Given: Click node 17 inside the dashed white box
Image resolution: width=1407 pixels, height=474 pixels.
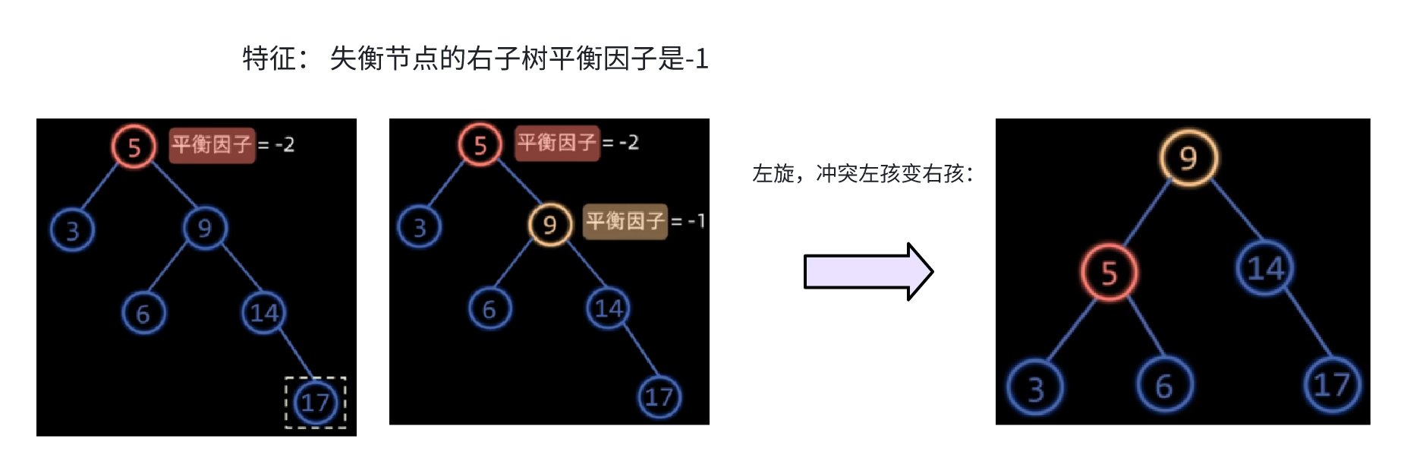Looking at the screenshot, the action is [315, 402].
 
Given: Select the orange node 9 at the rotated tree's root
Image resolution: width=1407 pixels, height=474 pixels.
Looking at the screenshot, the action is [1188, 157].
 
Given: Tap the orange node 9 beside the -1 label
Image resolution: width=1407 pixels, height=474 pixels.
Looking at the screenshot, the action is [549, 224].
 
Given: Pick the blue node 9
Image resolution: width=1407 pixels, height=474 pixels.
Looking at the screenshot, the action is [204, 227].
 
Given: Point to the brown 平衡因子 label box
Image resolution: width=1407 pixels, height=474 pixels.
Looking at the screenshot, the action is [625, 221].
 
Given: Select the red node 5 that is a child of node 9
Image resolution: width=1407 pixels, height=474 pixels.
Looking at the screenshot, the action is [1109, 273].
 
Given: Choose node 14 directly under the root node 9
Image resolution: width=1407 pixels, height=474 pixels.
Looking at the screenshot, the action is [1265, 268].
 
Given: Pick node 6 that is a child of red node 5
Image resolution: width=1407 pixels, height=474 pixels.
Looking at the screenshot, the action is [1164, 386].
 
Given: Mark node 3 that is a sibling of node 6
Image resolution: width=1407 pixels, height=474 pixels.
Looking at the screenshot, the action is [1035, 388].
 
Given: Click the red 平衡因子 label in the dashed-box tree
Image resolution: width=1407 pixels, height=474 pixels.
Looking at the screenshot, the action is [212, 144].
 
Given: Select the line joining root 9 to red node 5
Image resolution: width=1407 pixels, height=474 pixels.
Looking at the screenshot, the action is [1147, 216].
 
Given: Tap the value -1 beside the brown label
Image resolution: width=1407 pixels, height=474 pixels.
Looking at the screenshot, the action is [696, 221].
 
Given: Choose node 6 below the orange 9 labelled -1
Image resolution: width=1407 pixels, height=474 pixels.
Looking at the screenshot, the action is [489, 308].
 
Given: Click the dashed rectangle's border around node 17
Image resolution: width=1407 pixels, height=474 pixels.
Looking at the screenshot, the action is [286, 403].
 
